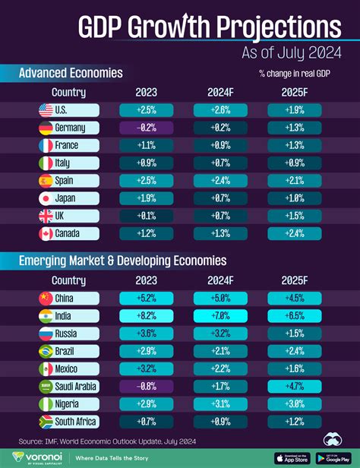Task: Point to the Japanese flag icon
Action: click(x=46, y=198)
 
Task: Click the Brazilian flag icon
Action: click(x=46, y=350)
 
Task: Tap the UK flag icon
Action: click(x=46, y=215)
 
